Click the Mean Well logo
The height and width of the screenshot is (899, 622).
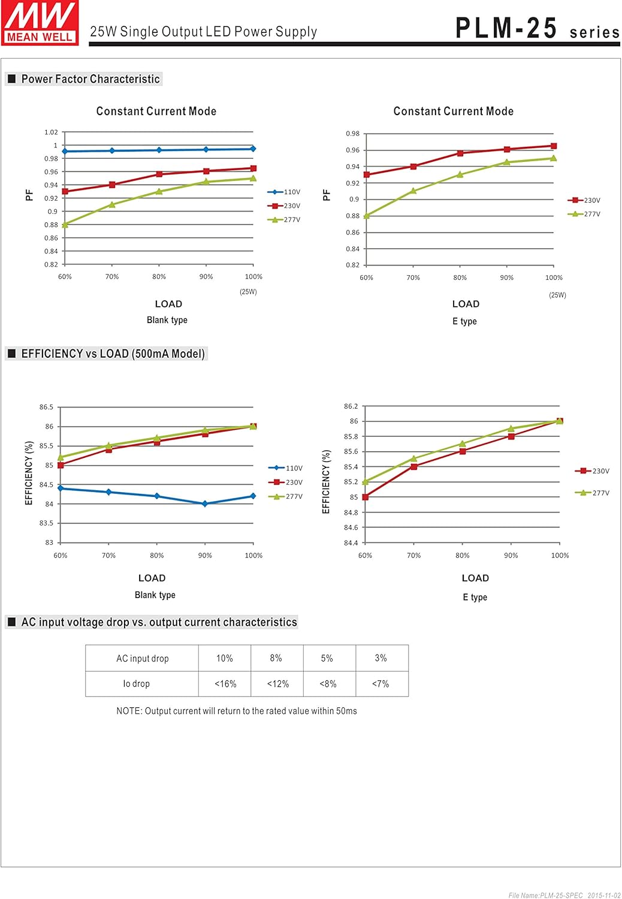(x=40, y=23)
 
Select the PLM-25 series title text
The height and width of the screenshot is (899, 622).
(x=537, y=29)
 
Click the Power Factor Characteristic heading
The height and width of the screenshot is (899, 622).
(x=90, y=79)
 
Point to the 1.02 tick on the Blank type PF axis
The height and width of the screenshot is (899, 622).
(x=52, y=132)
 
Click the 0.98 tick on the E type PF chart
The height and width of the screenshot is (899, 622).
(x=353, y=134)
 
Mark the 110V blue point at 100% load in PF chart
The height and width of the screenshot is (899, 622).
(x=253, y=149)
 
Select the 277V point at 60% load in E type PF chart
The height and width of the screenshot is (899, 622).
(x=366, y=216)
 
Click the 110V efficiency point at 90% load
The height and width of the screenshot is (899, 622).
(x=205, y=504)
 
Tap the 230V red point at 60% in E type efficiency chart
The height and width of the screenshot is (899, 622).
(x=366, y=497)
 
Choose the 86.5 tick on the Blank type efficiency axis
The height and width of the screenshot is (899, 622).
(x=47, y=408)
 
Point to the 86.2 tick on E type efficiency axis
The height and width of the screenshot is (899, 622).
(x=351, y=406)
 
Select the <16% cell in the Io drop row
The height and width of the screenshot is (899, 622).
(x=225, y=684)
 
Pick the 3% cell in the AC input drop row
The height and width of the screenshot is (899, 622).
(x=381, y=658)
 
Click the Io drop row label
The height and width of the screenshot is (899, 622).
(x=137, y=684)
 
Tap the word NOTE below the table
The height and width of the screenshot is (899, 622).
(x=129, y=711)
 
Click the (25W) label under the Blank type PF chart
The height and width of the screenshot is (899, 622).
(x=248, y=292)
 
